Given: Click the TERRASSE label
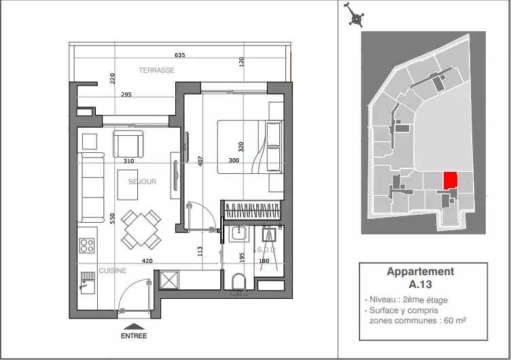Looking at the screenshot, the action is (x=156, y=70).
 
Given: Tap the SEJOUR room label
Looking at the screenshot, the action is (x=142, y=181).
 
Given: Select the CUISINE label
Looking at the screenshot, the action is (x=112, y=270).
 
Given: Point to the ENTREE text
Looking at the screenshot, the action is (x=134, y=336).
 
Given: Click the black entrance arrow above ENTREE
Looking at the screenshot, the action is (x=134, y=327).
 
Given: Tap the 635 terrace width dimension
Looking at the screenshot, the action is (x=179, y=55).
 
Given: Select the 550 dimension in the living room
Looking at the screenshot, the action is (x=112, y=218).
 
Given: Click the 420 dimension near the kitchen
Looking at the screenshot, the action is (x=147, y=261).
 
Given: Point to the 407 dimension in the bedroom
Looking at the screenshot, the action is (x=200, y=161).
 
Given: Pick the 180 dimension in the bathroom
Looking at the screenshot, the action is (x=264, y=261).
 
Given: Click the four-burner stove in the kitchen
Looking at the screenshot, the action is (x=87, y=246).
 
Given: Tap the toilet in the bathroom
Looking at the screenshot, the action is (x=239, y=282).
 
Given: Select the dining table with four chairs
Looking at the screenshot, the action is (x=141, y=230).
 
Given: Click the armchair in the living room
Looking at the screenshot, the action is (x=128, y=144).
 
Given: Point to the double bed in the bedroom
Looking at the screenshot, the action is (x=249, y=147).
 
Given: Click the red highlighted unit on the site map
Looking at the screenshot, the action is (x=451, y=181).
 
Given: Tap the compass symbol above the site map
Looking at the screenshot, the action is (x=355, y=15).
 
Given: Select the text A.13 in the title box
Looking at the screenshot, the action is (x=421, y=284).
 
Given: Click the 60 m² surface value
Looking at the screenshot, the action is (x=455, y=320).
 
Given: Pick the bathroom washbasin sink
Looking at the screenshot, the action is (x=239, y=234).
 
